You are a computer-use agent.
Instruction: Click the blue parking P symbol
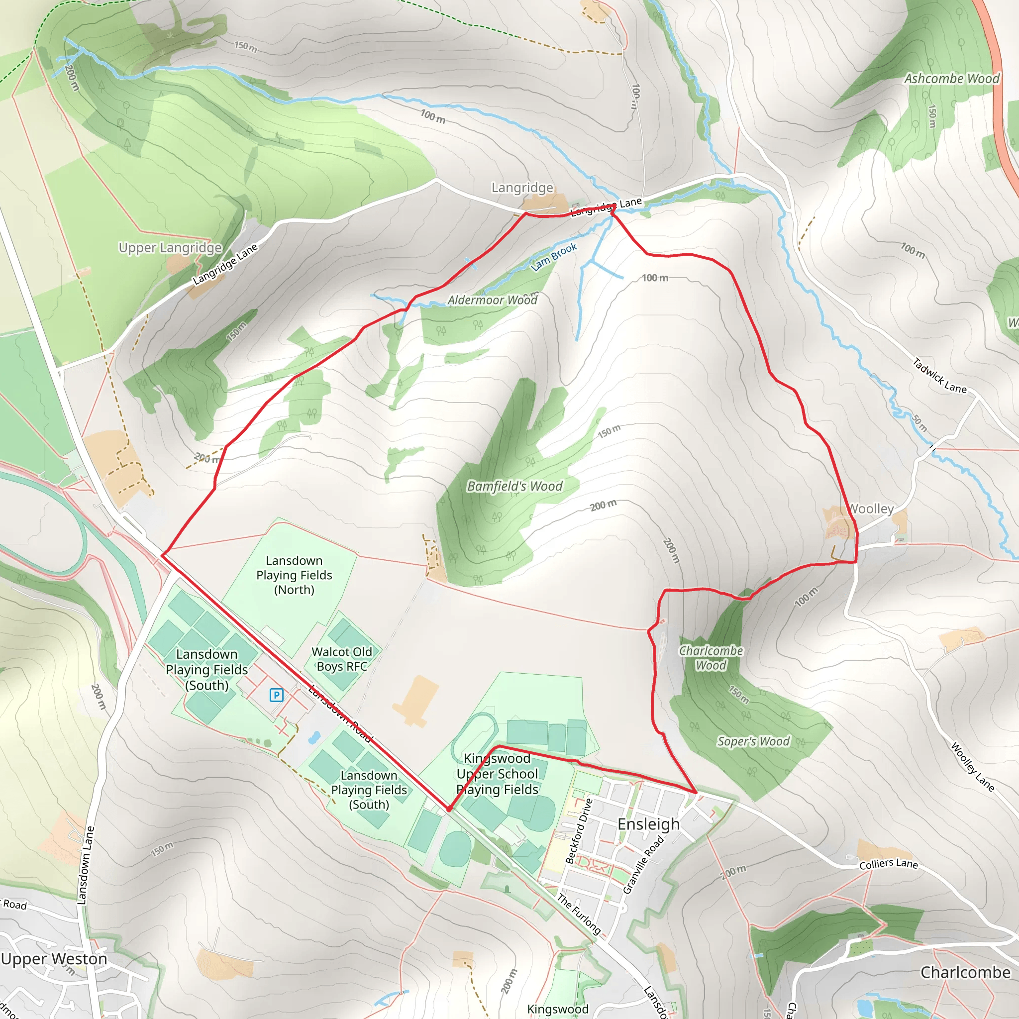[276, 695]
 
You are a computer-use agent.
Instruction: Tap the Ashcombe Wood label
[951, 79]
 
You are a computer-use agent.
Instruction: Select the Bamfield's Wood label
[515, 486]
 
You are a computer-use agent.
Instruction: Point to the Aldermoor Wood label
[492, 300]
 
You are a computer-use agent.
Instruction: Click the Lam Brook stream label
[554, 257]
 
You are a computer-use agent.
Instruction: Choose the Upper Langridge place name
[170, 248]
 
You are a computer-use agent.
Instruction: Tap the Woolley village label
[871, 509]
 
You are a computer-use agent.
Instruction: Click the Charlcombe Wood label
[711, 658]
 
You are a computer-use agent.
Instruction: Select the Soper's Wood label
[753, 741]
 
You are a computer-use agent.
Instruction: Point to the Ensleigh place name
[649, 824]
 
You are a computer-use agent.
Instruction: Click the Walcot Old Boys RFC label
[342, 659]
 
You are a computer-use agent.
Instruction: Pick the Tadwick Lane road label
[939, 376]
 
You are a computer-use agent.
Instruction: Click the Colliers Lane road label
[889, 864]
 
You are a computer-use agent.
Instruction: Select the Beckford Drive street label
[579, 831]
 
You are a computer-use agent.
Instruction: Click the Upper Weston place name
[54, 959]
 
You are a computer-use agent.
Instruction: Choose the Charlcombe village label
[965, 972]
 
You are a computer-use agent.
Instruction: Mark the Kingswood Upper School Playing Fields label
[498, 774]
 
